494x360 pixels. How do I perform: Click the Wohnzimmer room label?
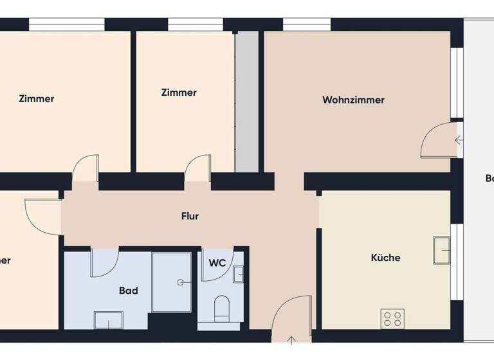pyautogui.click(x=353, y=100)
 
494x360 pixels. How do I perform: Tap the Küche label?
pyautogui.click(x=385, y=258)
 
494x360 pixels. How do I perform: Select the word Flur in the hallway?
pyautogui.click(x=190, y=217)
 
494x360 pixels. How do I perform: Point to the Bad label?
pyautogui.click(x=129, y=291)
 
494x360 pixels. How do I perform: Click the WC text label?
pyautogui.click(x=217, y=262)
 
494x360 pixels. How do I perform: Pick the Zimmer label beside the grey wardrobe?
pyautogui.click(x=179, y=93)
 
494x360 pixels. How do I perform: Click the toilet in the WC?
pyautogui.click(x=222, y=307)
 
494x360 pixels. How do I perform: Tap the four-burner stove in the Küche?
pyautogui.click(x=392, y=318)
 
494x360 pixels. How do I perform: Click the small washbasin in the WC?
pyautogui.click(x=238, y=274)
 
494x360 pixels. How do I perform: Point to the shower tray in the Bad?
pyautogui.click(x=172, y=282)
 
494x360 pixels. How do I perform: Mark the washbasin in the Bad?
pyautogui.click(x=108, y=319)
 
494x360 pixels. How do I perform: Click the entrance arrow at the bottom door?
pyautogui.click(x=291, y=341)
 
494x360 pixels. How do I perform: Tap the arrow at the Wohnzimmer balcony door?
pyautogui.click(x=459, y=139)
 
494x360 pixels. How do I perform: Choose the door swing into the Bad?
pyautogui.click(x=104, y=263)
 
